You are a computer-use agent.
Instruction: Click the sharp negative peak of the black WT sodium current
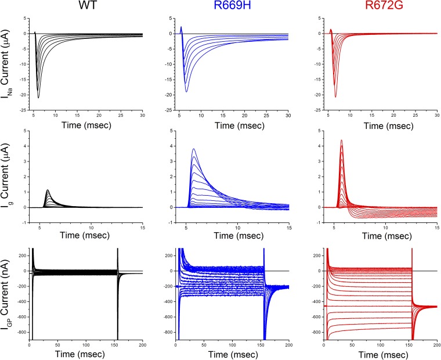(x=38, y=97)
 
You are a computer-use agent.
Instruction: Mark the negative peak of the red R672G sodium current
(x=335, y=96)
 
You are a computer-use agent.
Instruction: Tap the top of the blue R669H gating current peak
(x=193, y=150)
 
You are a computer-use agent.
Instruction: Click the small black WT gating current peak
(x=48, y=190)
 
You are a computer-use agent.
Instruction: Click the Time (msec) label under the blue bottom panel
(x=232, y=354)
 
